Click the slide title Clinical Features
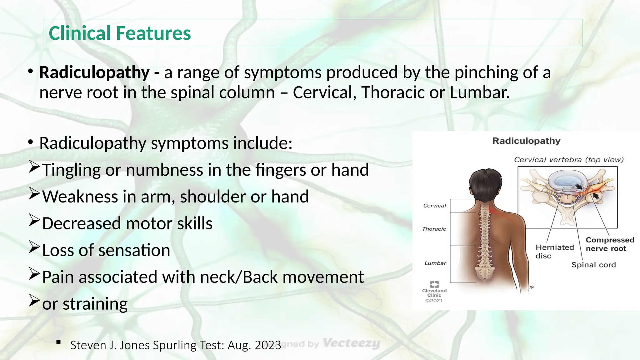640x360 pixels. click(x=120, y=33)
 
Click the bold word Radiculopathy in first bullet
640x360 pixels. click(x=94, y=72)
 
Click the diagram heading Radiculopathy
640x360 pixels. click(x=526, y=141)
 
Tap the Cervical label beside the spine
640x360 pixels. click(x=434, y=206)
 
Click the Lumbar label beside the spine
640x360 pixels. click(x=435, y=263)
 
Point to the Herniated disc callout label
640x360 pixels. click(x=554, y=252)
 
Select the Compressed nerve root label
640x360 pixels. click(x=610, y=244)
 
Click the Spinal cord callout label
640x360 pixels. click(x=593, y=265)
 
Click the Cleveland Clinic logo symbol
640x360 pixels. click(x=434, y=284)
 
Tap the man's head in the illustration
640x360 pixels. click(x=485, y=185)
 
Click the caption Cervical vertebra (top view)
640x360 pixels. click(x=568, y=160)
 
